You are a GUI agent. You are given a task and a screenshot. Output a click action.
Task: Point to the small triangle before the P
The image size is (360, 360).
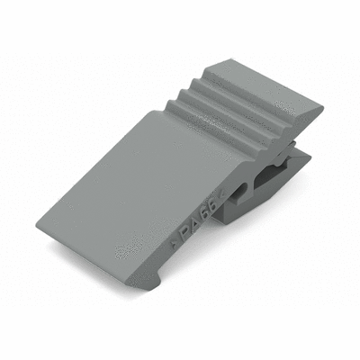174,245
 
